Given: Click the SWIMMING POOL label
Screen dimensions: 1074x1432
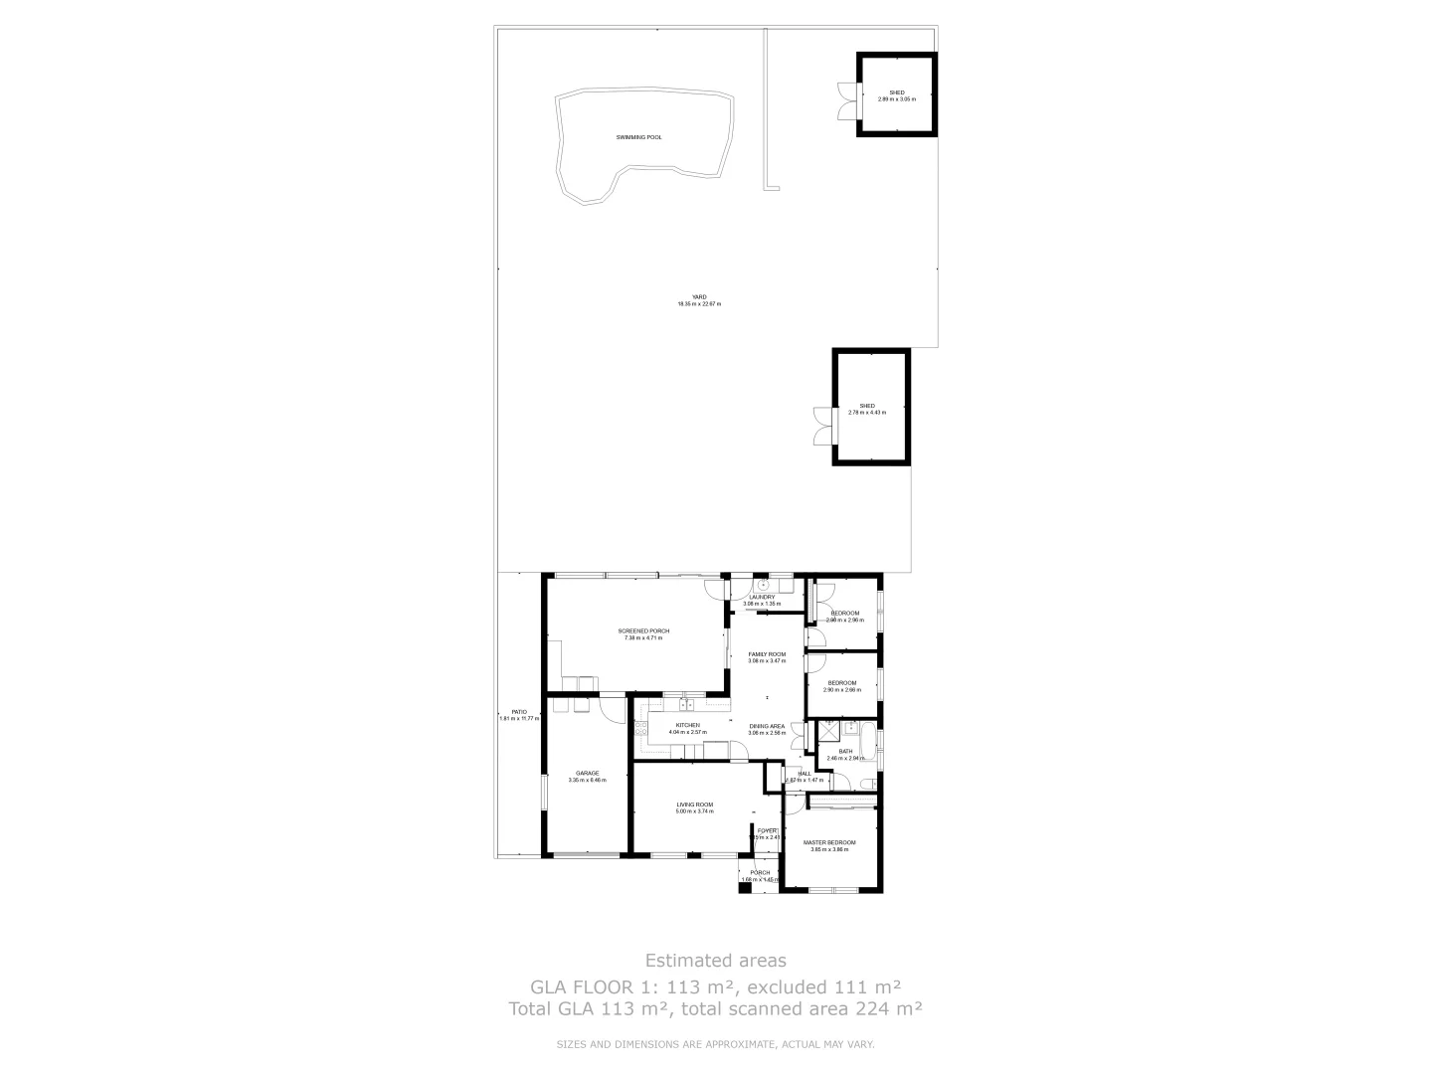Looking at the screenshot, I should tap(638, 137).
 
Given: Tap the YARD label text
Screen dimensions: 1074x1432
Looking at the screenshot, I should tap(699, 297).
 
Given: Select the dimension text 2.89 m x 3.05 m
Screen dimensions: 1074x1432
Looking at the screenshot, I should tap(896, 99).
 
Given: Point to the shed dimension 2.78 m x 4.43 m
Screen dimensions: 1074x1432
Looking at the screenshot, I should tap(867, 413).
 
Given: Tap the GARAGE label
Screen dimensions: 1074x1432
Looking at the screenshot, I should tap(587, 773).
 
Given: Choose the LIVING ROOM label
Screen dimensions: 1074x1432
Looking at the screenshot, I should tap(695, 805).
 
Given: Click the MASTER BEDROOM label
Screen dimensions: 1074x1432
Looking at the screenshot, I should tap(829, 842).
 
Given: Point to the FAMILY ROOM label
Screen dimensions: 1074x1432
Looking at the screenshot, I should tap(767, 654).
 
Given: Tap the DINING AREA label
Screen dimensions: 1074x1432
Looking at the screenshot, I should tap(767, 726).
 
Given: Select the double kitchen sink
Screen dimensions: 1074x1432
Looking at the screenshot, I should tap(685, 706).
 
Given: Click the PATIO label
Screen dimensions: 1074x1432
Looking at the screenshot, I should tap(519, 712).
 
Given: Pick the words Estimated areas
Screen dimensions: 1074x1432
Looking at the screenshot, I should tap(715, 961).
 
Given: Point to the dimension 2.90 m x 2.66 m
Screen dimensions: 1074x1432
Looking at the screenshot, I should tap(841, 690).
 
